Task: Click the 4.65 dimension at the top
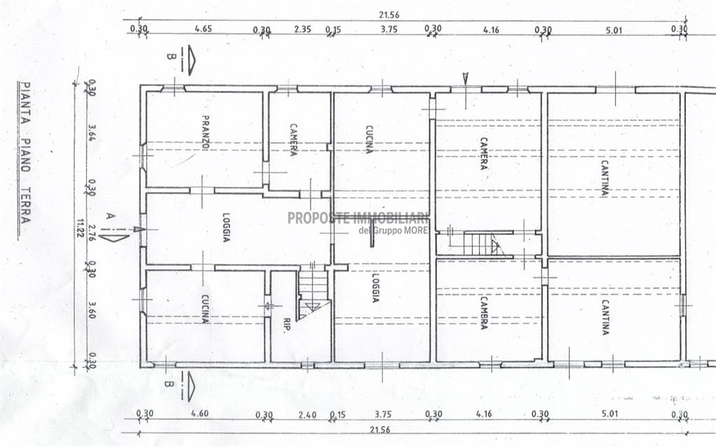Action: [x=203, y=29]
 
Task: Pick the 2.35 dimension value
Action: [x=302, y=29]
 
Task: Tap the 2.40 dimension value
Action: [x=306, y=414]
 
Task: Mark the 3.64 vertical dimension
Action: [x=91, y=133]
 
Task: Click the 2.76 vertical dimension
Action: [x=91, y=229]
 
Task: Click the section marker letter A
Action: [x=110, y=216]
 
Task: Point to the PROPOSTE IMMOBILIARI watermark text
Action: [x=358, y=218]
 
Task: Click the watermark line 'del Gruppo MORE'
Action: [x=393, y=232]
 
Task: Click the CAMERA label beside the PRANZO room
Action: [x=294, y=139]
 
